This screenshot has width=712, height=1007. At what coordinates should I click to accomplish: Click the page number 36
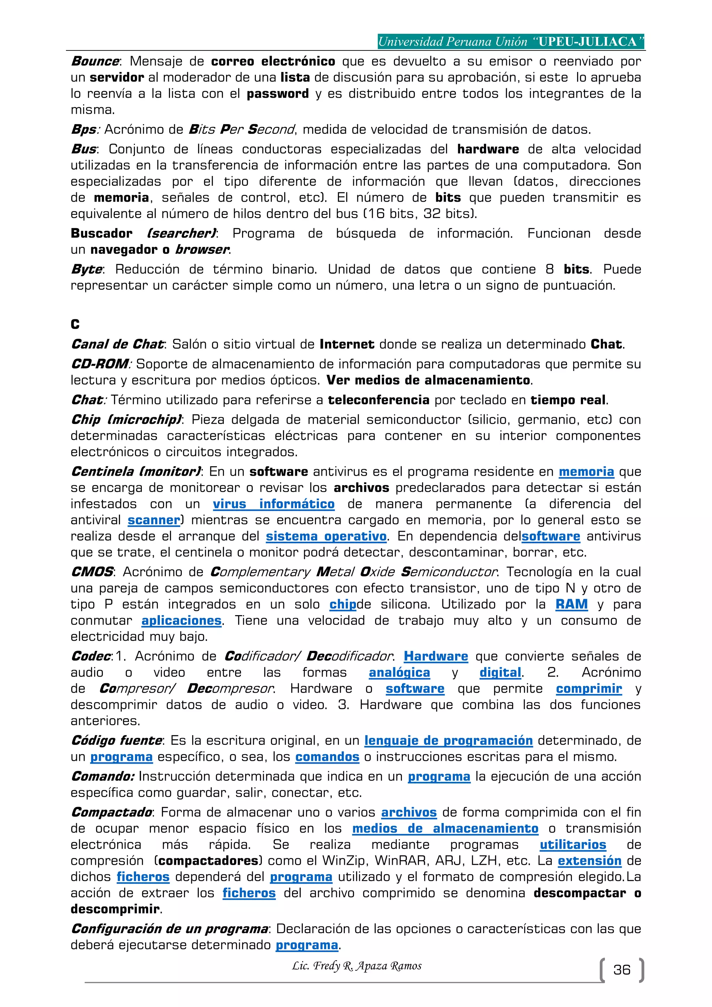point(621,970)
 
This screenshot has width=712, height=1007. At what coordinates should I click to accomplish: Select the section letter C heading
point(75,324)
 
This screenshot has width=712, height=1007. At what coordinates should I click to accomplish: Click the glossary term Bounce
point(95,62)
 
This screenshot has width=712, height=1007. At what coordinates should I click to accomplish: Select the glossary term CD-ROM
point(99,364)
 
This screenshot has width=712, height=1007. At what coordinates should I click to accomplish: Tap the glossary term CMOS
point(92,572)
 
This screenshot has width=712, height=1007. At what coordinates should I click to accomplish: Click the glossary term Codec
point(90,656)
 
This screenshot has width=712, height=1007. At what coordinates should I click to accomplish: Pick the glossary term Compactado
point(111,812)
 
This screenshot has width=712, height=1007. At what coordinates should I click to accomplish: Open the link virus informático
point(274,504)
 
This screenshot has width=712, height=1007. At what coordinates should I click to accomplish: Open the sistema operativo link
point(326,537)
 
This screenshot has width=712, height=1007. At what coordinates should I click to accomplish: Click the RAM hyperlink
point(571,604)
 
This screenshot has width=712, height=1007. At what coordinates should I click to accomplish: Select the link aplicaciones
point(181,621)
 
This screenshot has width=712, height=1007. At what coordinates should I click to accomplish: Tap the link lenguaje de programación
point(448,740)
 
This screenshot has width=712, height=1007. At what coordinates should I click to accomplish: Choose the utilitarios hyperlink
point(573,845)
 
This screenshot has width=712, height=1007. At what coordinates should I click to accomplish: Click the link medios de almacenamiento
point(445,829)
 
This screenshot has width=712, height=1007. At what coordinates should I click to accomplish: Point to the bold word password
point(277,94)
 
